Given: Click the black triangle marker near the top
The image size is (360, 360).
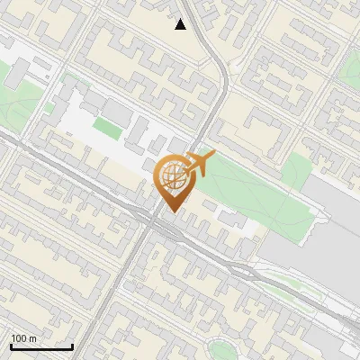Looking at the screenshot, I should click(181, 24).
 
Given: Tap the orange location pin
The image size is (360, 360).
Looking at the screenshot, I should click(172, 180).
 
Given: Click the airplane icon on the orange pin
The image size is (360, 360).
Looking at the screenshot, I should click(199, 164).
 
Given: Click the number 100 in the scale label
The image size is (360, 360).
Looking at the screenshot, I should click(20, 338).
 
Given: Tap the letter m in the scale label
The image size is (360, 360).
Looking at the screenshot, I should click(33, 338).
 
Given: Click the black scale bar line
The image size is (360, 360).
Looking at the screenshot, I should click(41, 347).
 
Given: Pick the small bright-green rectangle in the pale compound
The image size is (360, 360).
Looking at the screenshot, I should click(107, 129).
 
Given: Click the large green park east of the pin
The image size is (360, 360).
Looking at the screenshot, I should click(252, 184).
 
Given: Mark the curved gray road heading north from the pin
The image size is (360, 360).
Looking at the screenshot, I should click(219, 90).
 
